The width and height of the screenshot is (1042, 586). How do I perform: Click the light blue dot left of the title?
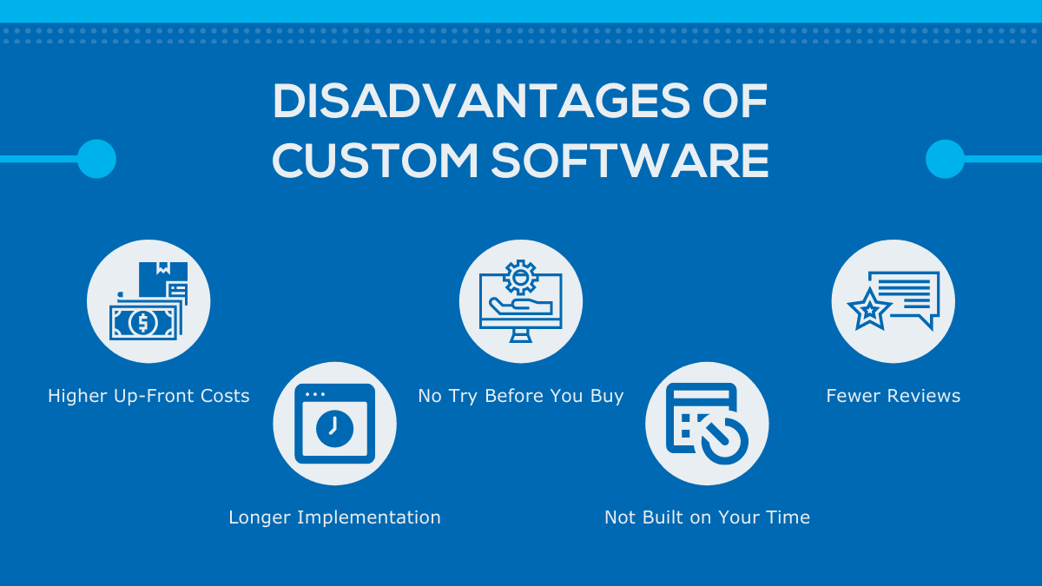point(96,159)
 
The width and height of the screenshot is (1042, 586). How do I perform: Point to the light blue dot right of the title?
point(945,159)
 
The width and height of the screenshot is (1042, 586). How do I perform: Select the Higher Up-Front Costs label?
point(148,396)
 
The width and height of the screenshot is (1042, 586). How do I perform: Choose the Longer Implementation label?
point(334,517)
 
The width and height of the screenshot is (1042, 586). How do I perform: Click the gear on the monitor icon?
point(520,277)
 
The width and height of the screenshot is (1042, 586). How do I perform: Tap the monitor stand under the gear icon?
point(521,334)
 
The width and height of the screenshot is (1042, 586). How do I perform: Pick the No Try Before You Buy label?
point(521,396)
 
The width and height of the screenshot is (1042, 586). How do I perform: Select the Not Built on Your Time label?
point(707,517)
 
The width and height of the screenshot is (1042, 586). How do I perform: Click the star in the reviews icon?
point(867,310)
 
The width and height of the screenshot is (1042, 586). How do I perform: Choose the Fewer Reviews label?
point(893,396)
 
